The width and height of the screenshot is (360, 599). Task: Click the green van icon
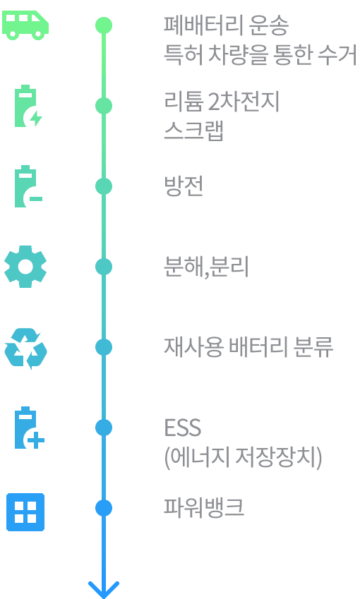pyautogui.click(x=25, y=25)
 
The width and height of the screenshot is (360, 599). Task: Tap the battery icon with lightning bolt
pyautogui.click(x=27, y=107)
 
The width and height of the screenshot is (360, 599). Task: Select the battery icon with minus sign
pyautogui.click(x=27, y=187)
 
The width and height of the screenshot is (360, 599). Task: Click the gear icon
pyautogui.click(x=25, y=267)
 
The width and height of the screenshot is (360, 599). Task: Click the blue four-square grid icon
pyautogui.click(x=25, y=512)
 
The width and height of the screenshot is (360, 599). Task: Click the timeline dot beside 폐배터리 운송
pyautogui.click(x=104, y=25)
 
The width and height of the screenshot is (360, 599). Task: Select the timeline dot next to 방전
pyautogui.click(x=104, y=186)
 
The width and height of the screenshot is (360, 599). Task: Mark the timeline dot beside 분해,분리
pyautogui.click(x=104, y=267)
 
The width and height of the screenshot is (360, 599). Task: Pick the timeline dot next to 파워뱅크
pyautogui.click(x=104, y=508)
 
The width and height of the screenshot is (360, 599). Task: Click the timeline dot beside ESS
pyautogui.click(x=104, y=428)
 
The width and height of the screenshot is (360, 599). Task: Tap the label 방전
pyautogui.click(x=184, y=186)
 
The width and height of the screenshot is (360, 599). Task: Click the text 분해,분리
pyautogui.click(x=205, y=267)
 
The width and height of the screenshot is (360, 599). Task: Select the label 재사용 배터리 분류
pyautogui.click(x=248, y=347)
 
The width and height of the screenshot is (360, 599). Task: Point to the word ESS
pyautogui.click(x=182, y=428)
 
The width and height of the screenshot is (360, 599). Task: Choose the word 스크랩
pyautogui.click(x=194, y=131)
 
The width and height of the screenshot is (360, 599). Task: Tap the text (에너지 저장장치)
pyautogui.click(x=243, y=458)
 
